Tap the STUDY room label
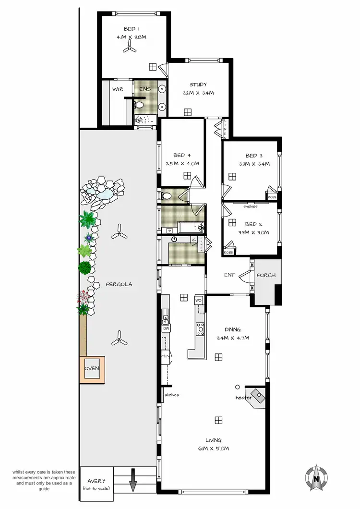(x=198, y=85)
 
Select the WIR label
(x=118, y=89)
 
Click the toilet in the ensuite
(x=140, y=104)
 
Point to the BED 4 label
(x=182, y=155)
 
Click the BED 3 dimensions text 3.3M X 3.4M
(x=254, y=164)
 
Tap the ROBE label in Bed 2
(x=228, y=252)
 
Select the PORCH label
(x=265, y=275)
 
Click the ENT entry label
(x=229, y=275)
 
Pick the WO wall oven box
(x=199, y=301)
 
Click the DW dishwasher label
(x=166, y=328)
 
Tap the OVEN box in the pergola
(x=92, y=369)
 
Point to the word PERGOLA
(x=119, y=284)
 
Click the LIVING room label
(x=214, y=440)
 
